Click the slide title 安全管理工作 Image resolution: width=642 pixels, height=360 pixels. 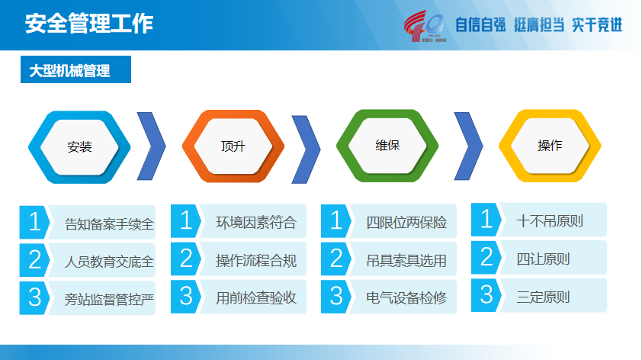(x=89, y=24)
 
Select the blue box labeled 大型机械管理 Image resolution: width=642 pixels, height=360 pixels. (x=75, y=69)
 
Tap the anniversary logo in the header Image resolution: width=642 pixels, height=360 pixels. (x=425, y=26)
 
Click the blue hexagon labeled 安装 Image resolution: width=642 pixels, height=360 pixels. (x=79, y=147)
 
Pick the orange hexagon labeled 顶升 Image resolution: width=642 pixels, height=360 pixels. (x=233, y=146)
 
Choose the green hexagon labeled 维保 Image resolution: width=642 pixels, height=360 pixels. (x=387, y=146)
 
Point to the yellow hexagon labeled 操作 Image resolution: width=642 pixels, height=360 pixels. (x=550, y=146)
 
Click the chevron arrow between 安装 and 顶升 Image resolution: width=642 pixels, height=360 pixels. (x=152, y=146)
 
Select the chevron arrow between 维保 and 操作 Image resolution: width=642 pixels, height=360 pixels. (x=469, y=146)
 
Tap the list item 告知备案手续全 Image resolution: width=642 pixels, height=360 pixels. (x=109, y=224)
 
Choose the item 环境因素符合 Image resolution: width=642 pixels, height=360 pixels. (x=256, y=223)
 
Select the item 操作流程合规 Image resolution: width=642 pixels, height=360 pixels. (x=256, y=261)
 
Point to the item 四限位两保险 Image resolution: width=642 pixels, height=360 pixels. (x=406, y=223)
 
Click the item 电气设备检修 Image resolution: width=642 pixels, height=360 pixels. (x=406, y=297)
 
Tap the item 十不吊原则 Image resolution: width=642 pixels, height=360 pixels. (x=550, y=221)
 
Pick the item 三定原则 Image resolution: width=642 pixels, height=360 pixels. (x=543, y=297)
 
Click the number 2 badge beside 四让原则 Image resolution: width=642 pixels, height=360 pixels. (x=486, y=257)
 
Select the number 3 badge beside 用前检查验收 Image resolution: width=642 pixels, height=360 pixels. (x=186, y=296)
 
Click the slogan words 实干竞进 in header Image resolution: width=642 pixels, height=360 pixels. (x=597, y=25)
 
